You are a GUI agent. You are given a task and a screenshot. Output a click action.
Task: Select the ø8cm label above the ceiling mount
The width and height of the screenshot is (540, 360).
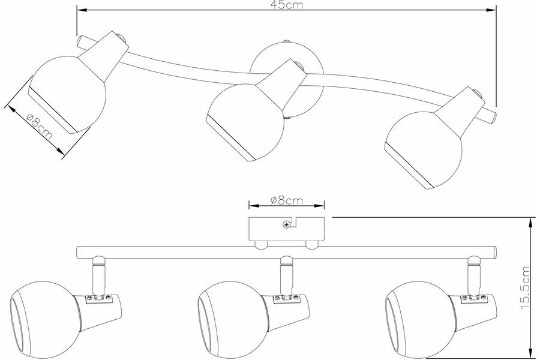point(286,200)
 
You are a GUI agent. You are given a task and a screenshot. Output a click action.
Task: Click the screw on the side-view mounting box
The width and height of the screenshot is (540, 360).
point(287,225)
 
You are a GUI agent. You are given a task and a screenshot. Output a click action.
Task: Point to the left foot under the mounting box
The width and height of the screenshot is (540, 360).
point(261,244)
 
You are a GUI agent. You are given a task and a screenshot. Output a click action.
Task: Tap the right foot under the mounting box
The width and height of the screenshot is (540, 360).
point(311,244)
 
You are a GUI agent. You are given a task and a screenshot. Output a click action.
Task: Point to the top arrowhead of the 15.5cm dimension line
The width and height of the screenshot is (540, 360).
point(530,221)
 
